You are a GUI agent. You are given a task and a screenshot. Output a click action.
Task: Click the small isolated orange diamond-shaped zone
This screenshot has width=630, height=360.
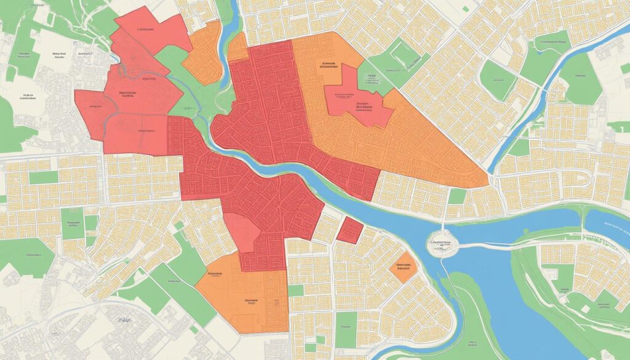click(x=404, y=266)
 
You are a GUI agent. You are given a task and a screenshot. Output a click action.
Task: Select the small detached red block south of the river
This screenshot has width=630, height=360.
click(x=349, y=230)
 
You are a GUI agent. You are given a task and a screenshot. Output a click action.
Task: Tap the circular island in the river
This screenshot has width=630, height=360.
click(x=442, y=244)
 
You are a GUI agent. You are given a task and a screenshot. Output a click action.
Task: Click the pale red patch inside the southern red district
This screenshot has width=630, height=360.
click(x=241, y=233)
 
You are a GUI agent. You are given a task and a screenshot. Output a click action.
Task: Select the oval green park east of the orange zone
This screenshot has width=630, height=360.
click(x=497, y=80)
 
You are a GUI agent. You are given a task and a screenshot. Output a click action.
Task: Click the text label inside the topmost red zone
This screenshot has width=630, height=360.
click(x=146, y=29)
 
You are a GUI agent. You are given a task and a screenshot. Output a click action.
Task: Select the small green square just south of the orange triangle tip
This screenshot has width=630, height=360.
click(x=457, y=196)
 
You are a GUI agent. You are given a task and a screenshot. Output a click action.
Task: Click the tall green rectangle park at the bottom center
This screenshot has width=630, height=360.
click(x=346, y=329)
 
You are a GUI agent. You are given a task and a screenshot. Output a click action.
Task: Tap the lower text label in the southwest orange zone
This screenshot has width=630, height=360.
click(x=249, y=302)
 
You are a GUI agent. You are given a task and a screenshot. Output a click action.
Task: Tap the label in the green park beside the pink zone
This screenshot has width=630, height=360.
click(x=370, y=78)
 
